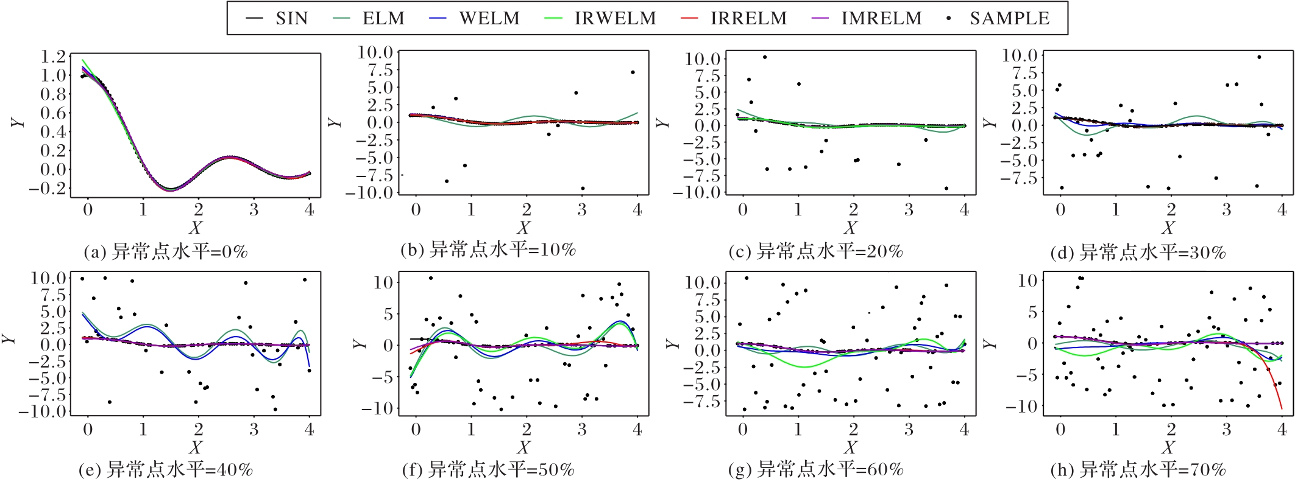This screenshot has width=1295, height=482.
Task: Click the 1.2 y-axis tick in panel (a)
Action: click(53, 57)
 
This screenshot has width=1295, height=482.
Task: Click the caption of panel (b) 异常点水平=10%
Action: click(488, 250)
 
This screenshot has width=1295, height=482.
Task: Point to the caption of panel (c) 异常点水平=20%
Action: click(815, 251)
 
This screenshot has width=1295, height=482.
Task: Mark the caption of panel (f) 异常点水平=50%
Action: click(488, 470)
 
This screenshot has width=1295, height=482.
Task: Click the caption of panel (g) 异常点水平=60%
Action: click(815, 470)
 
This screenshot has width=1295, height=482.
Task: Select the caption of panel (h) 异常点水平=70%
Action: click(1138, 470)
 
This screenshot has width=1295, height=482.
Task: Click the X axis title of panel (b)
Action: click(523, 228)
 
